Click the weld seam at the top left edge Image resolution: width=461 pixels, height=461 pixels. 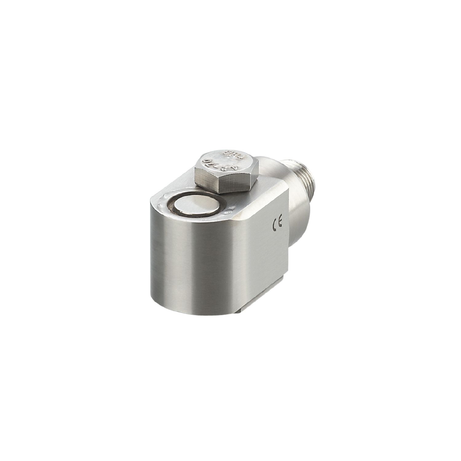pyautogui.click(x=163, y=200)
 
